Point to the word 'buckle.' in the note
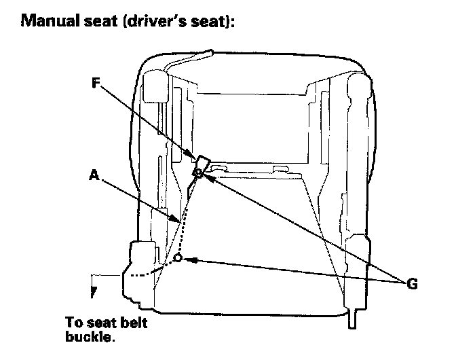tap(89, 334)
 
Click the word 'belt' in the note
tap(133, 322)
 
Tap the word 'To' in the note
tap(74, 322)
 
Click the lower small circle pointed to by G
tap(178, 259)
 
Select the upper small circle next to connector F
tap(197, 173)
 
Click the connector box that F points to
tap(202, 164)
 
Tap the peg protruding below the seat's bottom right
tap(351, 318)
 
